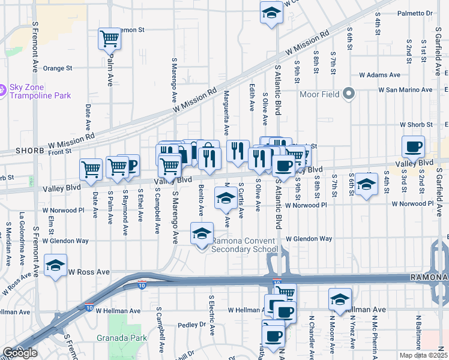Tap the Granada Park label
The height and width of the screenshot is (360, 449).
point(122,338)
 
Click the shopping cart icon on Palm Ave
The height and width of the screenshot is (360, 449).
point(109,38)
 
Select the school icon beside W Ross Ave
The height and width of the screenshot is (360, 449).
point(55,264)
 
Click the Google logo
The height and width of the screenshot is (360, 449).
point(20,352)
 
